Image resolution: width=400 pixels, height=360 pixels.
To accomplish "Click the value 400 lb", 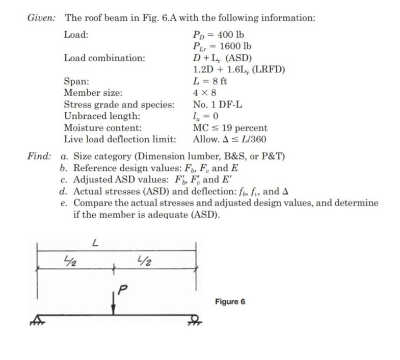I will [230, 35].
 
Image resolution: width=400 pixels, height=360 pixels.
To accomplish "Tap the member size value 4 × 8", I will [205, 93].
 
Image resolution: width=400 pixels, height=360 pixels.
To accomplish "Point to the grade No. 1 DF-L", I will [218, 105].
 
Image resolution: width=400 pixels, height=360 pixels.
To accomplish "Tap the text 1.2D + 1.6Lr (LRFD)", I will [238, 70].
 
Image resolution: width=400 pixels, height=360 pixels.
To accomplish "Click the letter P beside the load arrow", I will [121, 291].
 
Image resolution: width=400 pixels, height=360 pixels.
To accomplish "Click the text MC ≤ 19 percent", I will [230, 128].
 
